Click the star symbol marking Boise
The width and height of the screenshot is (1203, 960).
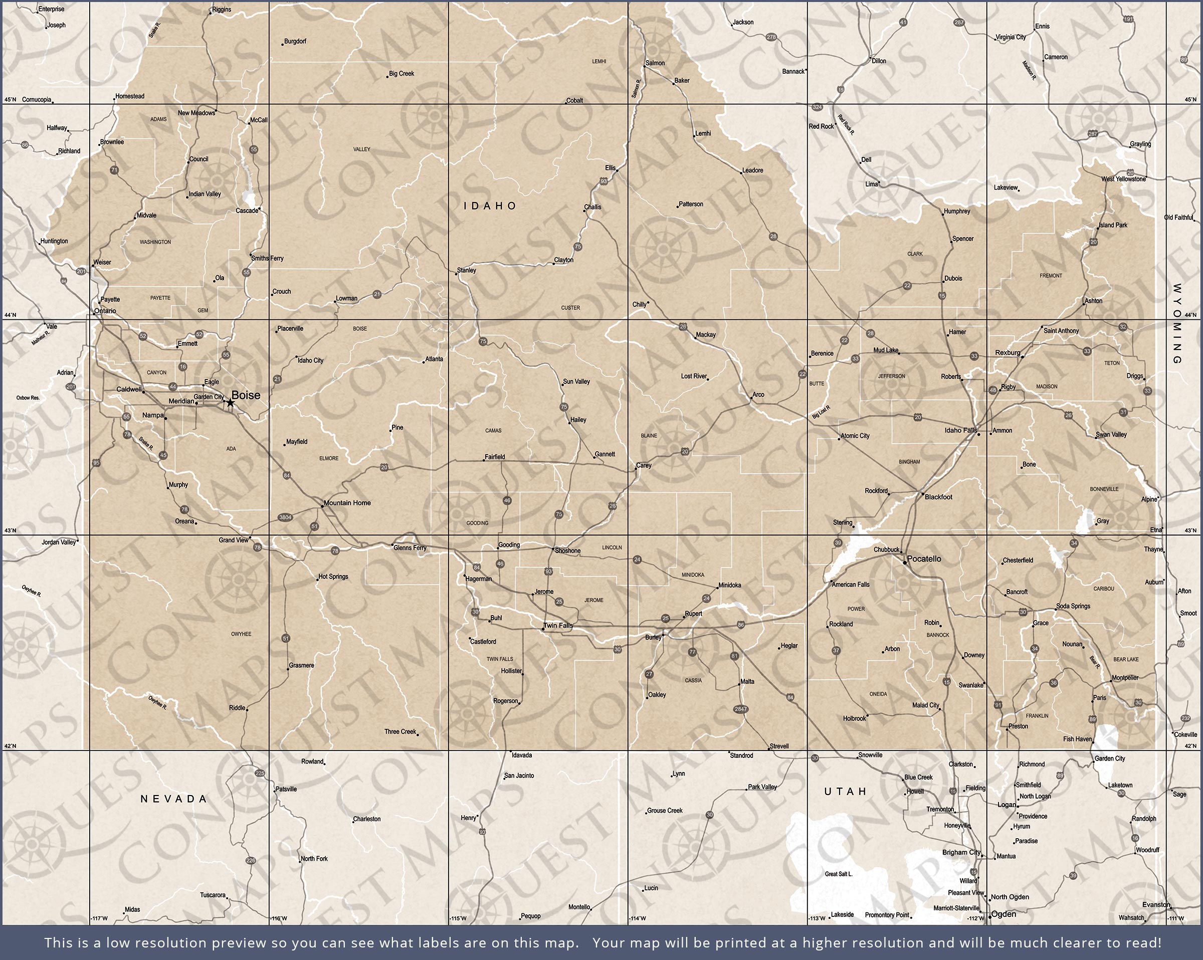click(x=230, y=403)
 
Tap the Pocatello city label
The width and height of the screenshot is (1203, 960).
click(x=923, y=558)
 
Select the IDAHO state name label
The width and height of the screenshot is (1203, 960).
click(x=490, y=206)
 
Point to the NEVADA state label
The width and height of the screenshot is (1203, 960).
click(x=173, y=799)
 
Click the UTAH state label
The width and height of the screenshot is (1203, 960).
click(x=845, y=792)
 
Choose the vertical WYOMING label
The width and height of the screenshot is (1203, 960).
click(x=1177, y=324)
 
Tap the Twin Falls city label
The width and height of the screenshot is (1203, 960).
click(x=558, y=625)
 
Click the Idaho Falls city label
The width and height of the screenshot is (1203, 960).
click(x=960, y=430)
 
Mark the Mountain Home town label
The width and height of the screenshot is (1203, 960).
click(x=347, y=503)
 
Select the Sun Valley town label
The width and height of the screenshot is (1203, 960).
click(x=576, y=382)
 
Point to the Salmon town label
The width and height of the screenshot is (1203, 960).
click(x=655, y=63)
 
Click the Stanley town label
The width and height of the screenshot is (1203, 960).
click(x=467, y=270)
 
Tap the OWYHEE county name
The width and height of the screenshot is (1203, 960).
click(x=241, y=634)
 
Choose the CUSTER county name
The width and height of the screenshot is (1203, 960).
click(x=570, y=307)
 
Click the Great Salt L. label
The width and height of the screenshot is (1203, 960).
click(x=839, y=874)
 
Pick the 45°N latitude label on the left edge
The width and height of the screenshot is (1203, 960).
click(x=10, y=100)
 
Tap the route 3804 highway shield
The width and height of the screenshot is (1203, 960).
click(x=285, y=517)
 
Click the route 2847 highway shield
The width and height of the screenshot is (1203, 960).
click(x=740, y=709)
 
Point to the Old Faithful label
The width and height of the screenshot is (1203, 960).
click(x=1178, y=218)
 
